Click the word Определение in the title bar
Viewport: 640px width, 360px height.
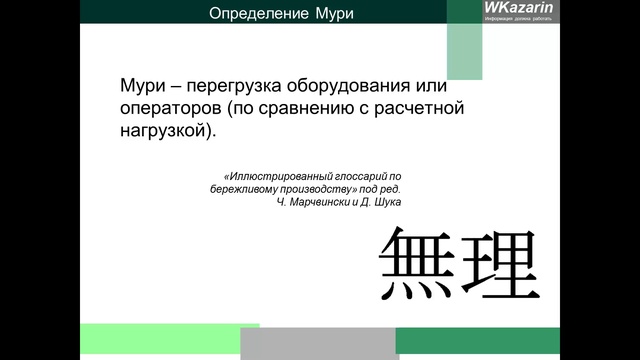tap(252, 14)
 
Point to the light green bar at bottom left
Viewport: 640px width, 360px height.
tap(170, 340)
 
